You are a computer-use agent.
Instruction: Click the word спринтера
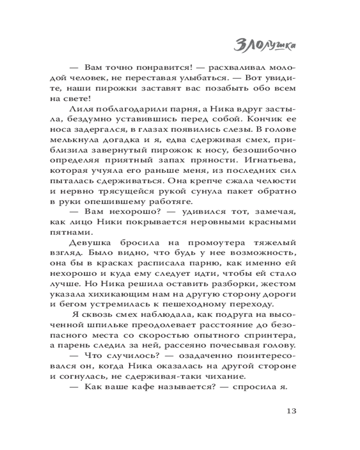coord(271,335)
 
